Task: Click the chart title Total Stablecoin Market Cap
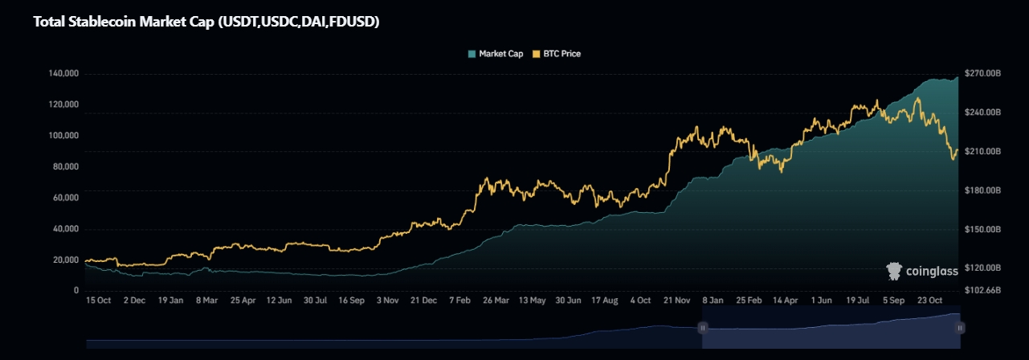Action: click(206, 22)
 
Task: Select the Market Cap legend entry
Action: click(495, 54)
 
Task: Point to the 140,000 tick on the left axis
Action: click(63, 74)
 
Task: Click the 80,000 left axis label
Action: click(66, 167)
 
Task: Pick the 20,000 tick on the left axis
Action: click(66, 260)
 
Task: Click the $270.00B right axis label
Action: click(982, 74)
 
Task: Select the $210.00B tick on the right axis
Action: click(982, 152)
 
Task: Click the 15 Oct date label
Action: click(98, 300)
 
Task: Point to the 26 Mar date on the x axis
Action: click(496, 300)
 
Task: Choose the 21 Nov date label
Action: click(677, 300)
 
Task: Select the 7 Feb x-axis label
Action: click(459, 300)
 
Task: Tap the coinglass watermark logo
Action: click(922, 271)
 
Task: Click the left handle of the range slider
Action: click(702, 328)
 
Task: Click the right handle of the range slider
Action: click(960, 328)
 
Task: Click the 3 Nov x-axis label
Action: click(387, 300)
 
